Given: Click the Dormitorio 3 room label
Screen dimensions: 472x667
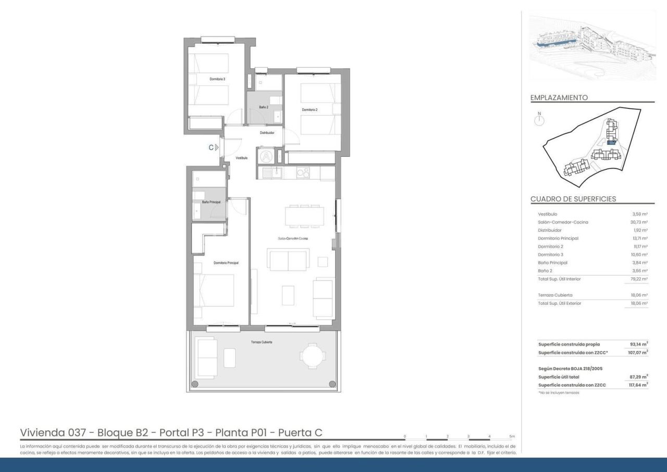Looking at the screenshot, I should pos(217,79).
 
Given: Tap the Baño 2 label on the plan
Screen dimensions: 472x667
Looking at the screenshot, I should pos(264,107).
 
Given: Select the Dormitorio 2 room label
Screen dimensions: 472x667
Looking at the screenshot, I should pos(310,110).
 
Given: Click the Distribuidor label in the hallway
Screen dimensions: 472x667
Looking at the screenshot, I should pos(267,133).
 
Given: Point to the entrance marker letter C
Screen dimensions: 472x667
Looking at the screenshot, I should pos(211,147).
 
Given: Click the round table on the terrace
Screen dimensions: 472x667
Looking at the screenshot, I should pos(312,356).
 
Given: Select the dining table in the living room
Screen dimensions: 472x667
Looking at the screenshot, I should pos(304,216).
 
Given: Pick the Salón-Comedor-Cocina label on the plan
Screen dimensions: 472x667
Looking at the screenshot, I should pos(292,238).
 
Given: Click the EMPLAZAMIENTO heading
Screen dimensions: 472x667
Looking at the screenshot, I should pos(559,97).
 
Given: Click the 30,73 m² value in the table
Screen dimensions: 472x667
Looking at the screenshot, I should pos(639,222).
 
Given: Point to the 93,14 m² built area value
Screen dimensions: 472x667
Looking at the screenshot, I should pos(638,344).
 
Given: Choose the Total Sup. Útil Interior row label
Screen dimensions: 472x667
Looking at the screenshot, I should pos(559,279).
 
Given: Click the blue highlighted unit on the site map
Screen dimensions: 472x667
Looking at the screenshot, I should pos(612,142).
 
